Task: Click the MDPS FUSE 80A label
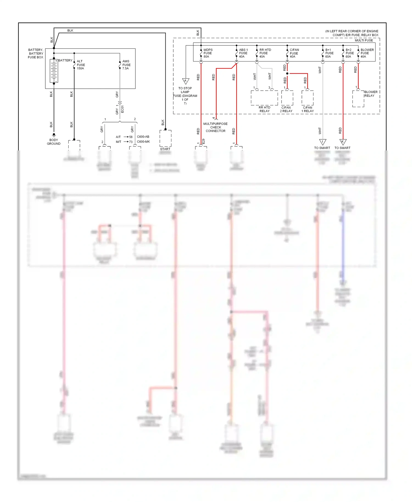[208, 53]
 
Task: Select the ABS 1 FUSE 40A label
[243, 53]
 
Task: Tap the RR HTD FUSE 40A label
[265, 53]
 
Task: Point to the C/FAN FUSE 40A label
[294, 53]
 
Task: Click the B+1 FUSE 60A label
[329, 53]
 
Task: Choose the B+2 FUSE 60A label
[349, 53]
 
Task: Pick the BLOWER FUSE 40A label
[367, 53]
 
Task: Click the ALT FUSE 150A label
[81, 65]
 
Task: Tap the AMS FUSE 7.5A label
[126, 65]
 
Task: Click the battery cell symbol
[54, 71]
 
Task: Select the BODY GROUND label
[54, 142]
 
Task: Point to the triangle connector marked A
[186, 81]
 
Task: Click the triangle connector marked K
[343, 142]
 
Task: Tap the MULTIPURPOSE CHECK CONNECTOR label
[216, 127]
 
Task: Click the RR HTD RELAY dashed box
[264, 98]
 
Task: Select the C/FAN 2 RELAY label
[286, 109]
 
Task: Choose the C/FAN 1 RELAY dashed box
[307, 98]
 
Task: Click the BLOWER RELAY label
[371, 94]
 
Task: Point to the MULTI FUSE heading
[364, 40]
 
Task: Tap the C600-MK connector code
[143, 142]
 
